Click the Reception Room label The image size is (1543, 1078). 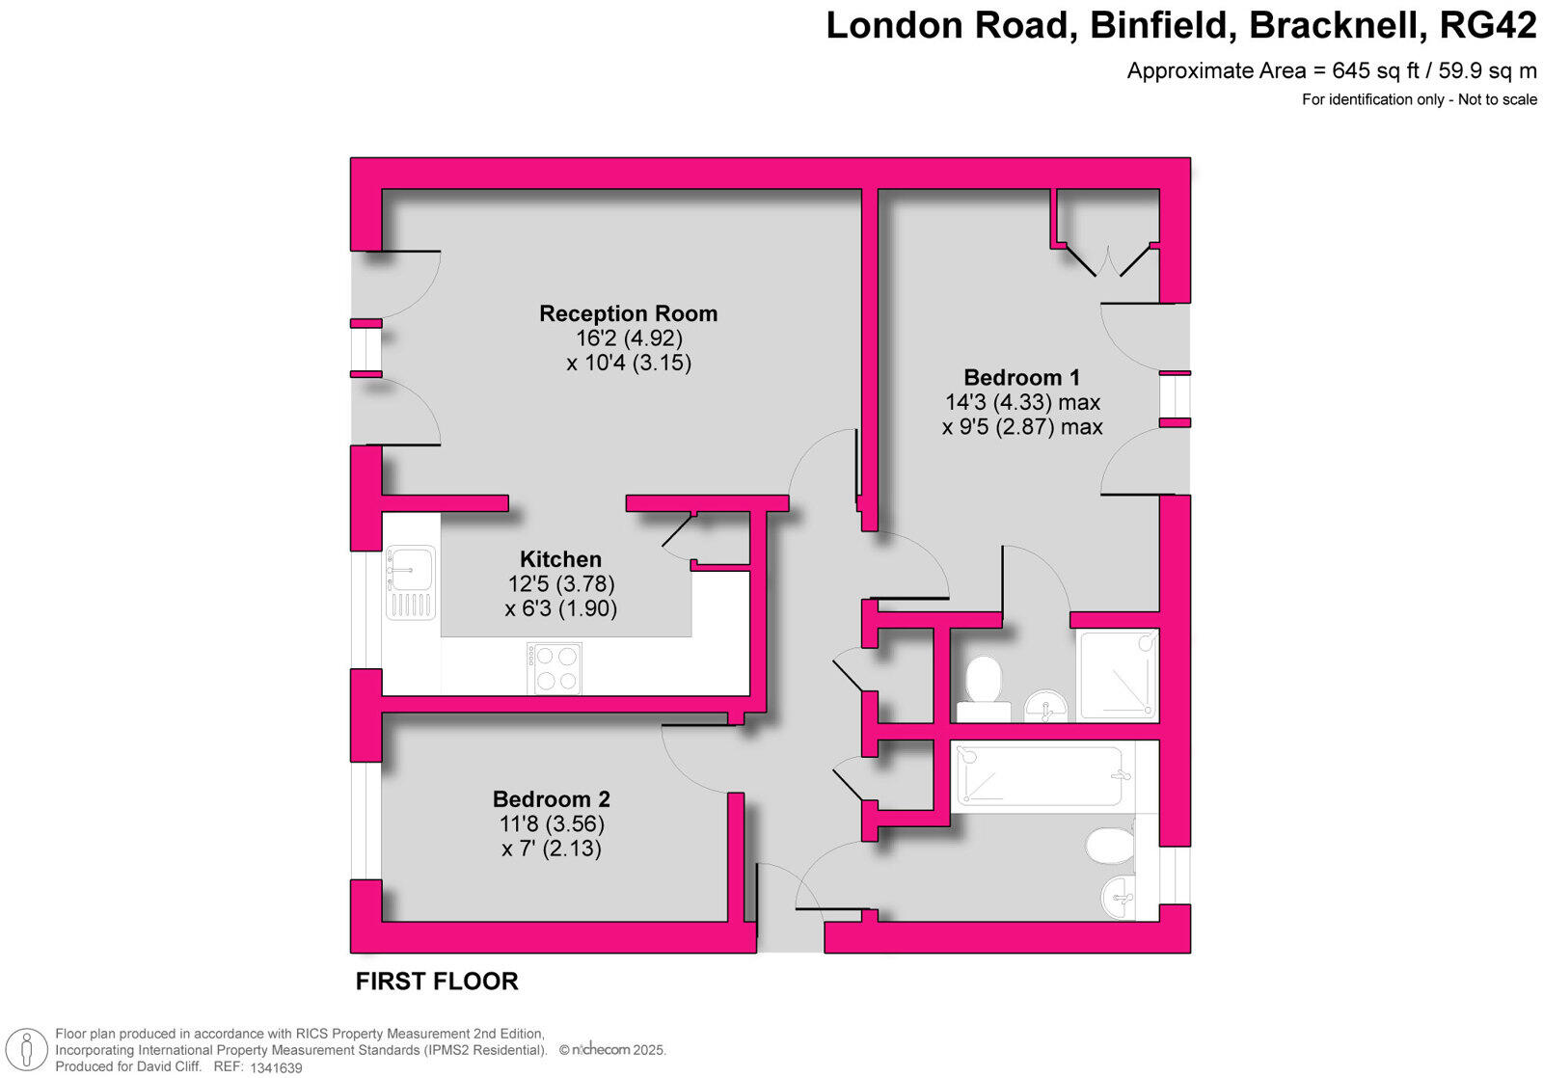point(628,313)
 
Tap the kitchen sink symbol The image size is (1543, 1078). point(411,581)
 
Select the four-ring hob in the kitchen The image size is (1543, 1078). point(555,667)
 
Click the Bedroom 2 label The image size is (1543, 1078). point(551,798)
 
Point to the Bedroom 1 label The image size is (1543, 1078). point(1021,377)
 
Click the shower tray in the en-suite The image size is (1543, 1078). point(1117,675)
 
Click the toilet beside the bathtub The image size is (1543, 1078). point(1110,847)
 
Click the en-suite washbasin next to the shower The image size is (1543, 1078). point(1045,706)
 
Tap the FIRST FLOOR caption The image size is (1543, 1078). point(437,981)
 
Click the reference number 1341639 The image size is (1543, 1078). point(276,1067)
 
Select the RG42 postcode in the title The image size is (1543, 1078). point(1487,26)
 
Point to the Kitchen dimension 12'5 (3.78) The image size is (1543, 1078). point(560,583)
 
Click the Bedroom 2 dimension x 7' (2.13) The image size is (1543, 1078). point(551,849)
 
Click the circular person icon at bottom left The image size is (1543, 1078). point(28,1050)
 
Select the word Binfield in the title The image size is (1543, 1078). point(1162,26)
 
